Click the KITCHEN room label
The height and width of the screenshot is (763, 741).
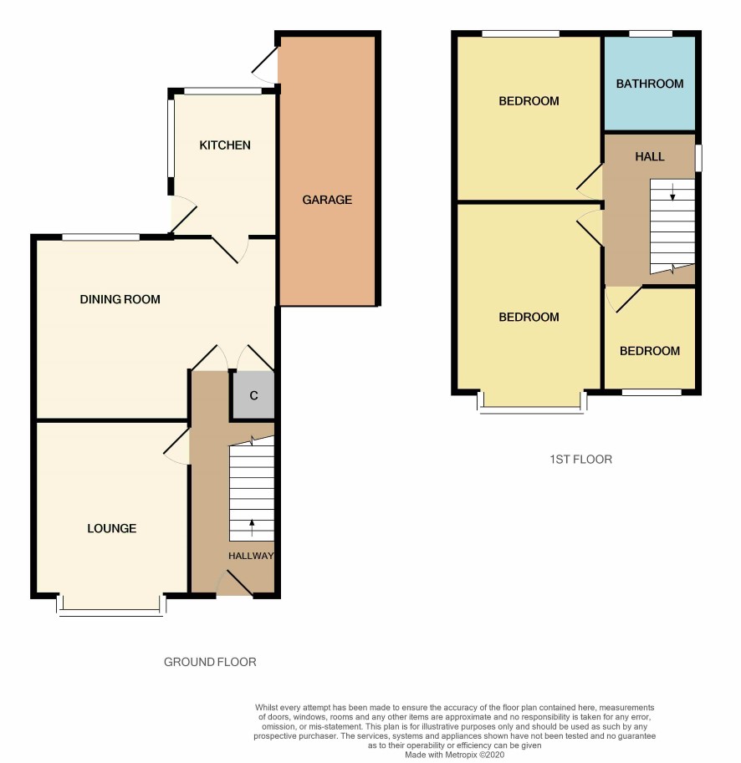[x=225, y=145]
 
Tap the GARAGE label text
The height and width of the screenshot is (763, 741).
[x=327, y=200]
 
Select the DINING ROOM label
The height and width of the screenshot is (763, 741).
[x=120, y=299]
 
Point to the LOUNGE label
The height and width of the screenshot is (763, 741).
[x=112, y=528]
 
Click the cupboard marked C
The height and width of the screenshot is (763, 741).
[x=253, y=395]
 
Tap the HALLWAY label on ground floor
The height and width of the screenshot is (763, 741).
[x=251, y=556]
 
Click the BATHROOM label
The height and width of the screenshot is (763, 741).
[x=650, y=84]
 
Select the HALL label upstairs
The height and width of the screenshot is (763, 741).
[x=650, y=156]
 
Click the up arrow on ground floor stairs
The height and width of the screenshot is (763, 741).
[x=253, y=527]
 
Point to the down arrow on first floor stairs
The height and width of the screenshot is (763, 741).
[x=673, y=192]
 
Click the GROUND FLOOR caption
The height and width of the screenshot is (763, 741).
[x=210, y=662]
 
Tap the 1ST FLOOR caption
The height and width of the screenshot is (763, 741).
[x=580, y=460]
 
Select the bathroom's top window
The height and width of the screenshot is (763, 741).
[x=651, y=33]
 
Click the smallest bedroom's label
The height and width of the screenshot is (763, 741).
[x=650, y=351]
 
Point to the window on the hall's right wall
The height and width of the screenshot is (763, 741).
[x=698, y=158]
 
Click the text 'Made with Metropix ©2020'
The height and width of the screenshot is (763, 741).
[x=455, y=755]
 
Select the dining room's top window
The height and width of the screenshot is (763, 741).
[x=101, y=237]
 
